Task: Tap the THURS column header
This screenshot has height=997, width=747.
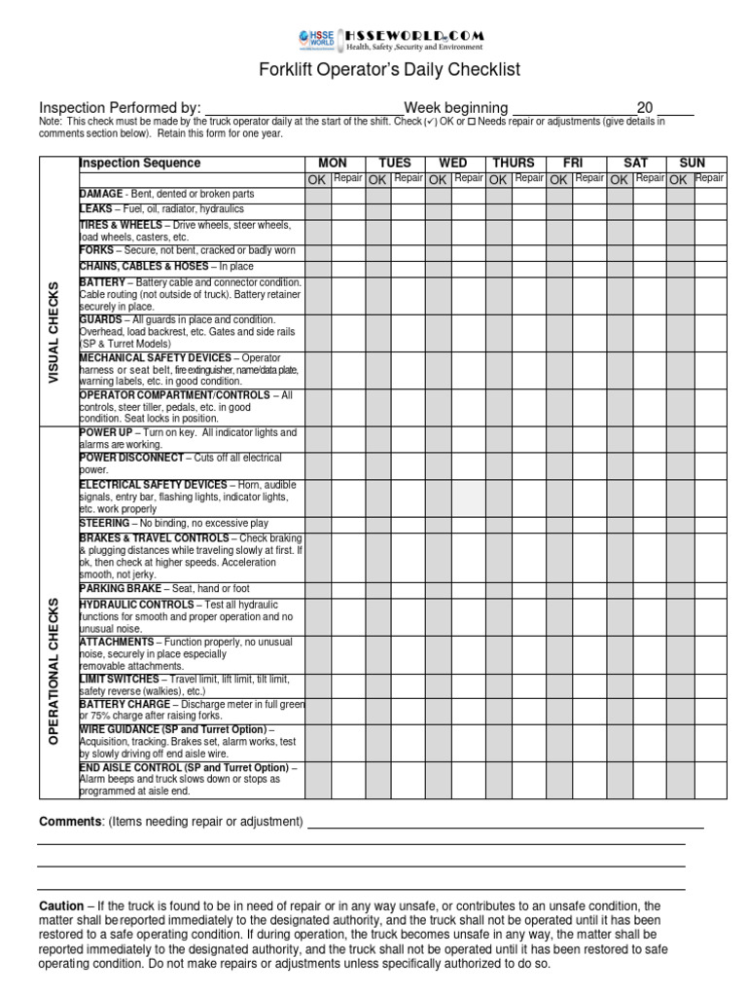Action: (x=514, y=163)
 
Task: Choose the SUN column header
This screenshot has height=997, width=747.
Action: (x=694, y=163)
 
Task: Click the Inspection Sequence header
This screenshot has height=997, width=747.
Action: (x=140, y=163)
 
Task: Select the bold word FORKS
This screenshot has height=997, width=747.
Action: (x=97, y=250)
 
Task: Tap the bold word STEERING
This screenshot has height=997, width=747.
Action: (x=104, y=523)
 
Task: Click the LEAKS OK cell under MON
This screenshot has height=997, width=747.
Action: (x=318, y=210)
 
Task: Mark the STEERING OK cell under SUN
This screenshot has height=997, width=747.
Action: (x=680, y=524)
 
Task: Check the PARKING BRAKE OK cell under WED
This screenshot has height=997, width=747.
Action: (x=439, y=589)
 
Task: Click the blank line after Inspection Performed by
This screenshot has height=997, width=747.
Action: (x=303, y=108)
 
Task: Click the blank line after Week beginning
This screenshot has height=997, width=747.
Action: (x=573, y=108)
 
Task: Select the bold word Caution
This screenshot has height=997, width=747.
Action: (x=60, y=905)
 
